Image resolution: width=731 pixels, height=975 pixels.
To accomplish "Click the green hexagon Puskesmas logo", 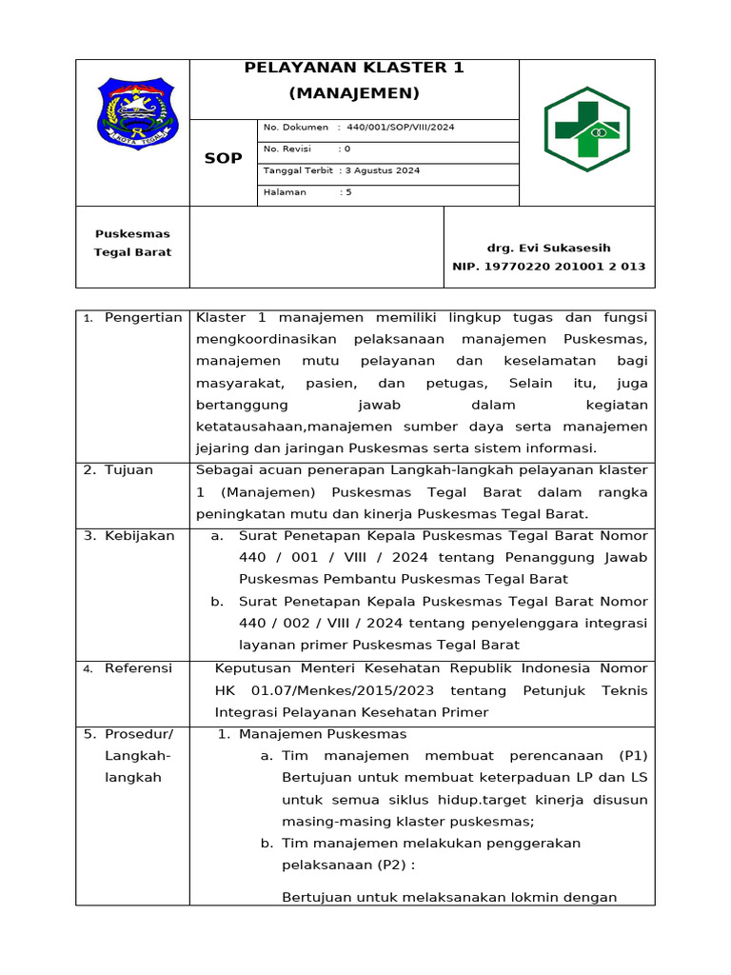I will point(586,129).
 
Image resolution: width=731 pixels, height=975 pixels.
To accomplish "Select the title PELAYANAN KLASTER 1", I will point(354,68).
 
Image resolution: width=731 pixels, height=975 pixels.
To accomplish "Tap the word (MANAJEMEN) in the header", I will point(354,93).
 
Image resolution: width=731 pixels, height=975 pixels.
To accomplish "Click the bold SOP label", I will point(224,158).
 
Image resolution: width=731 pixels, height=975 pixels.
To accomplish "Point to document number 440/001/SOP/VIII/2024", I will point(401,128).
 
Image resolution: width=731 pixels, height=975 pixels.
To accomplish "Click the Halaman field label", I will point(285,192).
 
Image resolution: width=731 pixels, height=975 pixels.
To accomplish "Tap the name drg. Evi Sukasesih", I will point(549,247).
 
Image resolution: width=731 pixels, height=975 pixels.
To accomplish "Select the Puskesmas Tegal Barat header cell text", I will point(132,243).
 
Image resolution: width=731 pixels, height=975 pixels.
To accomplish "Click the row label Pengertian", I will point(143,317).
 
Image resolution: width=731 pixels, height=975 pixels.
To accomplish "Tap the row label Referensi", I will point(138,668).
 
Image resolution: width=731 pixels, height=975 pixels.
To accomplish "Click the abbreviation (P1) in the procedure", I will point(633,756).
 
